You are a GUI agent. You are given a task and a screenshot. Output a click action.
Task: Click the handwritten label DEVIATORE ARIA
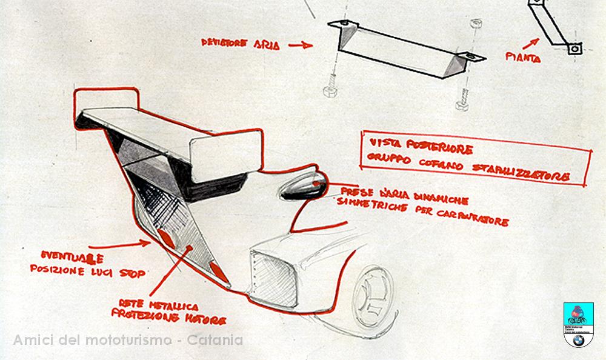click(241, 44)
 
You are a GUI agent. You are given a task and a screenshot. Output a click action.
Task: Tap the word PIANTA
click(524, 59)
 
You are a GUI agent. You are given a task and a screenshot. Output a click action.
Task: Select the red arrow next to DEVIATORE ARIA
click(299, 45)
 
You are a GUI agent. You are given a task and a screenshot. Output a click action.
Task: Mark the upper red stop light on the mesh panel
click(167, 238)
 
